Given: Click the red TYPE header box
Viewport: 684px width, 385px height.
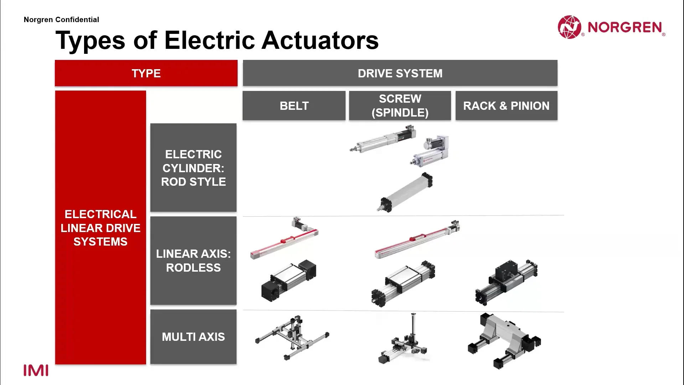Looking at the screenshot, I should pos(146,73).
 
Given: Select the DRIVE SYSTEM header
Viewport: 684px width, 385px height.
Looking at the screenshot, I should pos(400,73).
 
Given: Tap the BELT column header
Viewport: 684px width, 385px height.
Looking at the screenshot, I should pos(294,106).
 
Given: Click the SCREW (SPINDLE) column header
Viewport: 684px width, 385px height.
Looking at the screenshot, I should pos(400,106).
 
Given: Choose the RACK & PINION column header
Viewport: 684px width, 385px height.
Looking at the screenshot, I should pos(506,106).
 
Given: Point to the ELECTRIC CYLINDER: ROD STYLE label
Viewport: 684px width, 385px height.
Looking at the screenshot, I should pos(193,168).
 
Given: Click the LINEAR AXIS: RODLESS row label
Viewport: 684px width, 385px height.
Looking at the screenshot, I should pos(193,261).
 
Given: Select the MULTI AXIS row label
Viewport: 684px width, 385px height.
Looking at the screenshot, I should pos(193,337).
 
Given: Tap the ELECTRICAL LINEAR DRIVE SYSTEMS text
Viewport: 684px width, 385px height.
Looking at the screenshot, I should pos(100,228).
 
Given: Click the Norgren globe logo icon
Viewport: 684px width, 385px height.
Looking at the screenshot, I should pos(569,27).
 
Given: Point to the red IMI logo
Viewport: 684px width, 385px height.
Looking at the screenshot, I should pos(36,370).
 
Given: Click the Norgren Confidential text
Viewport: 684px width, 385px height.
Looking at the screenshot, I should pos(61,20).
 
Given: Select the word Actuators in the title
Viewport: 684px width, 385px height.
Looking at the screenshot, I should pos(320,40).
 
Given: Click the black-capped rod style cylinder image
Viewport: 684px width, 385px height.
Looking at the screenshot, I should pos(405,192).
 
